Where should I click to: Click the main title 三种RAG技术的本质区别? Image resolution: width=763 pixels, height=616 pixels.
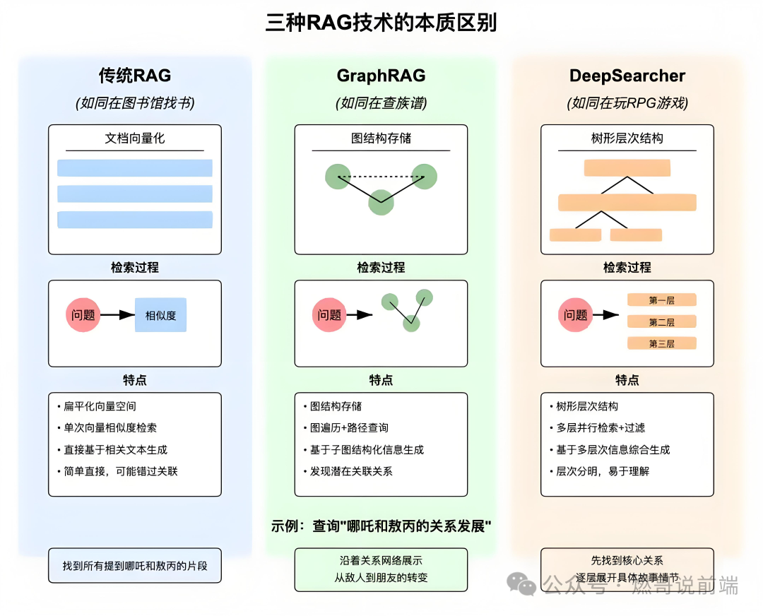[381, 23]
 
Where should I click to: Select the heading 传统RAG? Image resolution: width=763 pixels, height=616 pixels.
[134, 76]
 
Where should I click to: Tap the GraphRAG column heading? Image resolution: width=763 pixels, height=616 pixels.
[381, 76]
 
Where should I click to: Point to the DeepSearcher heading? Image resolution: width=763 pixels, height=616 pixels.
[627, 76]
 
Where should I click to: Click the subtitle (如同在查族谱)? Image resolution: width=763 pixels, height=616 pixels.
[381, 103]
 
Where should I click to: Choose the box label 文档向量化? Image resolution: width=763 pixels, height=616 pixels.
[134, 138]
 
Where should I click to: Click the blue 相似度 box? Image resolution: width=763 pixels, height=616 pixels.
[160, 315]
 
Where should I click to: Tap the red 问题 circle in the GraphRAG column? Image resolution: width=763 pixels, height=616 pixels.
[329, 315]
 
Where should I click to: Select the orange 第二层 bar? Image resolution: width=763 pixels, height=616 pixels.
[661, 322]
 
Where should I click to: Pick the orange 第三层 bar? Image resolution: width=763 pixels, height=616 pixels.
[661, 344]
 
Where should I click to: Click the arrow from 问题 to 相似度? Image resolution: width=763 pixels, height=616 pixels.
[117, 315]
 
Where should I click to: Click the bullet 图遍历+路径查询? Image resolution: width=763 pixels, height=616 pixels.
[349, 428]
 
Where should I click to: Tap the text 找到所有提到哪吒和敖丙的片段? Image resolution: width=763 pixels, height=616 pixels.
[134, 566]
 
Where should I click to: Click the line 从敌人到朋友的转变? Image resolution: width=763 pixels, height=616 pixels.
[381, 578]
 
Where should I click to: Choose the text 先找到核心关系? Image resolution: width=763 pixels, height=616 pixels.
[627, 560]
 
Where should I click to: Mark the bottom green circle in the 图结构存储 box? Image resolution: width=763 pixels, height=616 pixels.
[381, 202]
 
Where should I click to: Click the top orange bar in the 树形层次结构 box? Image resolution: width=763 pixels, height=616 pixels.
[627, 168]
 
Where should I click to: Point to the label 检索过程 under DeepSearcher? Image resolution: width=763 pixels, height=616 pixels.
[627, 268]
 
